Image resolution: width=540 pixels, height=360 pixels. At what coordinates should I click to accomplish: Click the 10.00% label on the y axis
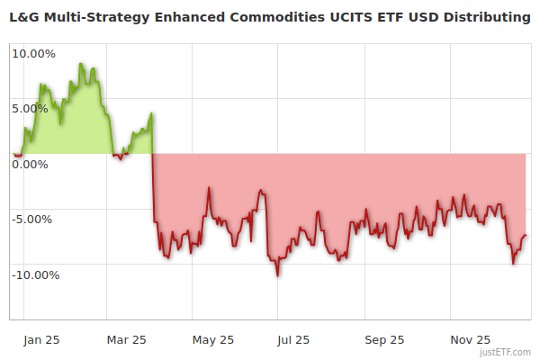tap(33, 53)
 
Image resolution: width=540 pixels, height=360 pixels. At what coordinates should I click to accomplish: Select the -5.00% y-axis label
tap(34, 220)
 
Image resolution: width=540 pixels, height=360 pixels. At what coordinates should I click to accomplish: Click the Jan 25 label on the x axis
tap(42, 340)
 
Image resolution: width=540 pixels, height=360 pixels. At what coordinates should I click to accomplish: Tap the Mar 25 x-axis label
tap(126, 340)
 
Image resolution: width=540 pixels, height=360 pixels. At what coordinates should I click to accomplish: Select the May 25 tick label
tap(213, 340)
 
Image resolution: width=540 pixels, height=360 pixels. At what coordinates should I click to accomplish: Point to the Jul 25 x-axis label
tap(293, 340)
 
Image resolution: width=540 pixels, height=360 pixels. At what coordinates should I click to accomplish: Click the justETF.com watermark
tap(506, 353)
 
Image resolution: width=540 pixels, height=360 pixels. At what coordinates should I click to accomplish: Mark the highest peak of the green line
tap(80, 64)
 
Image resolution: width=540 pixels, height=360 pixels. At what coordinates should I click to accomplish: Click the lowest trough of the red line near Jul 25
tap(277, 275)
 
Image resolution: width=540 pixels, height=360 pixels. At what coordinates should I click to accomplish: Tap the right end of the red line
tap(526, 236)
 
